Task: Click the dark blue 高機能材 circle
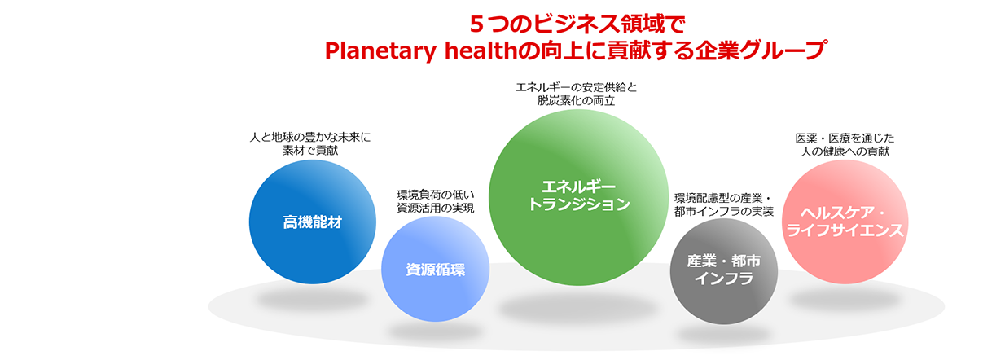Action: tap(312, 222)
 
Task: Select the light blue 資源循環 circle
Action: tap(435, 269)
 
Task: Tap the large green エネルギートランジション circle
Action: tap(578, 197)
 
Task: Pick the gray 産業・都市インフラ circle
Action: tap(724, 271)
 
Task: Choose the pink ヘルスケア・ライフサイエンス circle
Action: tap(845, 222)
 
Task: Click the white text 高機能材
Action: tap(312, 222)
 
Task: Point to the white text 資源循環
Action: tap(435, 270)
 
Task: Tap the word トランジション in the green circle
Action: tap(579, 204)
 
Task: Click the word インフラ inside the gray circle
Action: tap(724, 279)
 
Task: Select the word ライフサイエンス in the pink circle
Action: tap(845, 230)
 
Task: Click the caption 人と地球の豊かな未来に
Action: tap(310, 137)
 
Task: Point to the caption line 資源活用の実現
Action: tap(435, 209)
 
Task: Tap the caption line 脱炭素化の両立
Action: tap(576, 100)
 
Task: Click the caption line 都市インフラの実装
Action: tap(724, 212)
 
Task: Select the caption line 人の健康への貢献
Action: tap(845, 151)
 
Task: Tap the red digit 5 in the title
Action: tap(476, 24)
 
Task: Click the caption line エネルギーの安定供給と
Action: tap(576, 87)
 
